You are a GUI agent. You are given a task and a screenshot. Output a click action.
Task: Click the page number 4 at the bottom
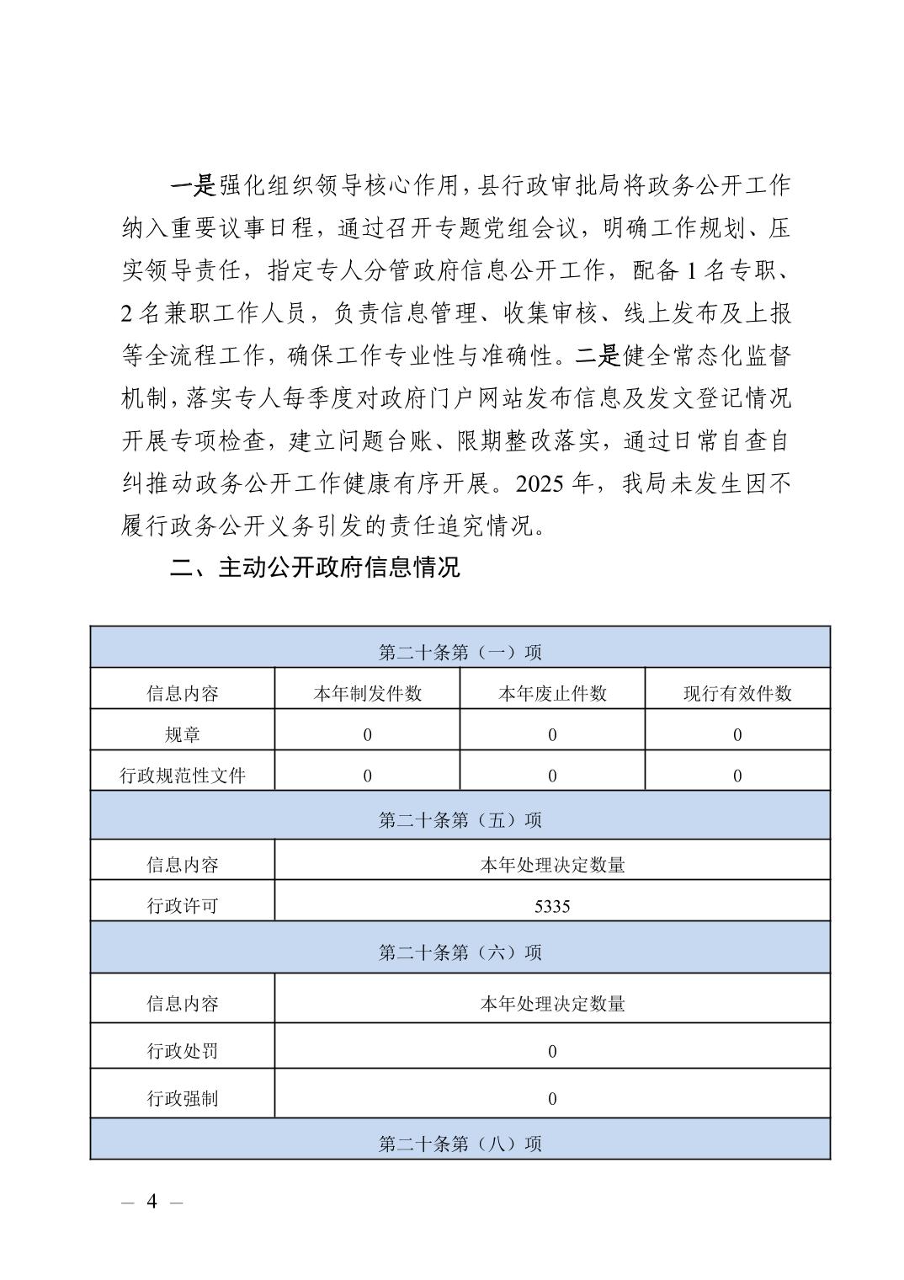coord(152,1201)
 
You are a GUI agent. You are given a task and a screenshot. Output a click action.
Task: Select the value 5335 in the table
coord(552,906)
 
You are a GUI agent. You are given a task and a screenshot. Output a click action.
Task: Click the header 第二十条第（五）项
coord(460,819)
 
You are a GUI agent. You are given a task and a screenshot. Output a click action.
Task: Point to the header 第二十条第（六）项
coord(460,952)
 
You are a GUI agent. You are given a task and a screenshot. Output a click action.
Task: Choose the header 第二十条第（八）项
coord(460,1144)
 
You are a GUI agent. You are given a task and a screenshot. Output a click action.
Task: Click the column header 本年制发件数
coord(367,693)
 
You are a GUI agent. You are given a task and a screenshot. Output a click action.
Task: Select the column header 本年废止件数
coord(552,693)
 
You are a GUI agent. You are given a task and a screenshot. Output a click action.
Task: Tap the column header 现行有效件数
coord(737,693)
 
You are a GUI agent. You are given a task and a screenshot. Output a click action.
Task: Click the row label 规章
coord(183,734)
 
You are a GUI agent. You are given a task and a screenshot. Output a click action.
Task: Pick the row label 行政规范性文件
coord(183,776)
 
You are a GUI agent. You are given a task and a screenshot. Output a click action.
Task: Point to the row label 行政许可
coord(183,906)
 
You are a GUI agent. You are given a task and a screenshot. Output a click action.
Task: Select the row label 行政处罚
coord(183,1051)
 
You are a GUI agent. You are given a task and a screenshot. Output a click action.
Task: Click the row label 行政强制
coord(183,1098)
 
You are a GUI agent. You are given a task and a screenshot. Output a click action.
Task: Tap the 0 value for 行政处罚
coord(552,1051)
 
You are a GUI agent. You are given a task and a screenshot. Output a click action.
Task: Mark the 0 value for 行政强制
coord(552,1098)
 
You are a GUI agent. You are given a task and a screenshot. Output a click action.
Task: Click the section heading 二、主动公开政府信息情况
coord(315,567)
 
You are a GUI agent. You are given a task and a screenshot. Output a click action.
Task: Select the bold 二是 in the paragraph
coord(598,355)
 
